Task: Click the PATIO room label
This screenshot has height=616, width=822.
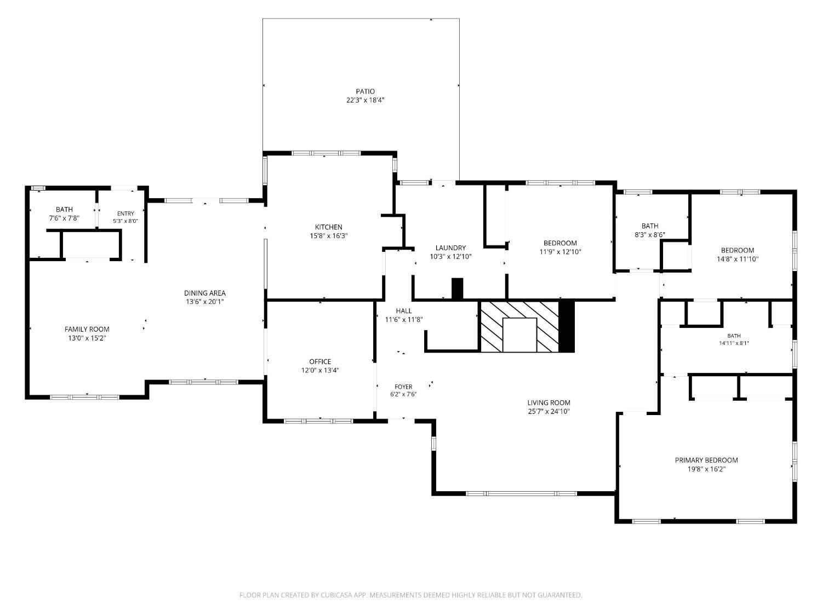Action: pos(365,91)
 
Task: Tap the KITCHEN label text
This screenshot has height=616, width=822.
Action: pos(328,227)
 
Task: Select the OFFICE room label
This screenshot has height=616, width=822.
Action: pos(320,362)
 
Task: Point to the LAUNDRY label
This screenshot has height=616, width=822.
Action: pos(450,248)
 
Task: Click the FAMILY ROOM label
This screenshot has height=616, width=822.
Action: pos(87,330)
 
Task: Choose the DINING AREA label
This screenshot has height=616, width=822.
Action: pos(205,293)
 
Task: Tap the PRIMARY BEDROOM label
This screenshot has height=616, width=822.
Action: pos(706,460)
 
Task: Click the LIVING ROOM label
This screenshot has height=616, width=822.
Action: pos(549,403)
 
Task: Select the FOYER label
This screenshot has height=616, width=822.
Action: pos(403,387)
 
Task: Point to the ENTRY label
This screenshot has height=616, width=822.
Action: pos(125,214)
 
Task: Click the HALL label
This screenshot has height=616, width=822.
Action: pos(404,311)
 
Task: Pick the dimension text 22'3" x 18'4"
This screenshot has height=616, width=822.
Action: pos(366,100)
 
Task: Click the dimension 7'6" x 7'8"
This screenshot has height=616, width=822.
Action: pos(65,218)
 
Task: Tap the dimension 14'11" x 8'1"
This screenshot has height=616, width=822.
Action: pos(734,343)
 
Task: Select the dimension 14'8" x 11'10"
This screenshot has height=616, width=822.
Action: pos(738,259)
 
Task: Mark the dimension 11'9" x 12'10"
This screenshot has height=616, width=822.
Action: pos(560,252)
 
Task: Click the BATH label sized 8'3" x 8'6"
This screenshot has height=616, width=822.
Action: pos(650,226)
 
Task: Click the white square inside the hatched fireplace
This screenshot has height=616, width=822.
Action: pos(520,335)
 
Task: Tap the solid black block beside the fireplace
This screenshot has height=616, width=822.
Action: pos(567,326)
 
